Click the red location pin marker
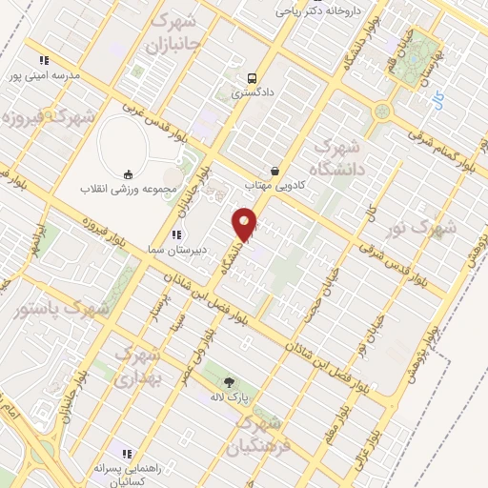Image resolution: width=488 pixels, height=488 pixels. (245, 224)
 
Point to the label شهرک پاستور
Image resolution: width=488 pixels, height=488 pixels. (63, 309)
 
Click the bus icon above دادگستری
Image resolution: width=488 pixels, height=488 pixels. (251, 78)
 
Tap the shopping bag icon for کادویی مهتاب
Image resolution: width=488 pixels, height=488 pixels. (275, 170)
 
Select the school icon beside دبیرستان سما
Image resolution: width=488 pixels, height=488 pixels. (176, 234)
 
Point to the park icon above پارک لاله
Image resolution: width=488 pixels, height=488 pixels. (231, 380)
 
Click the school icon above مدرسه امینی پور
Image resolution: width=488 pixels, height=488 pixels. (44, 60)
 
